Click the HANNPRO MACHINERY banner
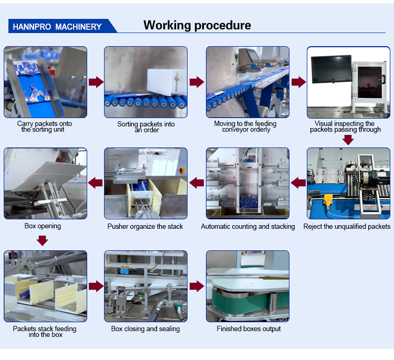click(57, 26)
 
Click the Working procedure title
click(197, 25)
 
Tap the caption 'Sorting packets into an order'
click(146, 127)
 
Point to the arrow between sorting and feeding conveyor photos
click(196, 82)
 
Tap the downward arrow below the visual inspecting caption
click(348, 140)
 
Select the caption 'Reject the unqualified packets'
click(347, 227)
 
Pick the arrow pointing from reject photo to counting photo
click(298, 183)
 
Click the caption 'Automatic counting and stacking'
click(247, 227)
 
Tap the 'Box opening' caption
click(43, 226)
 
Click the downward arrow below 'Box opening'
click(43, 240)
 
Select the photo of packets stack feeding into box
click(45, 286)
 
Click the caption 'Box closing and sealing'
click(146, 329)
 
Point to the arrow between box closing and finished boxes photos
click(196, 286)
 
